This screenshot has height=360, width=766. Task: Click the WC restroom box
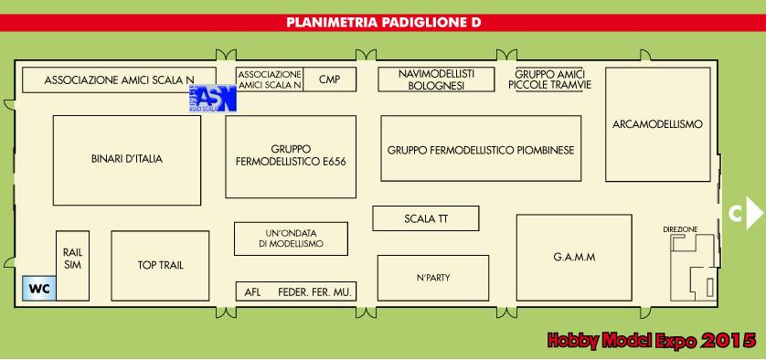click(x=38, y=289)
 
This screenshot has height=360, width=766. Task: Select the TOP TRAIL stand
click(x=161, y=265)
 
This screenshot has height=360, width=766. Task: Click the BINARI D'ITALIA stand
click(x=126, y=159)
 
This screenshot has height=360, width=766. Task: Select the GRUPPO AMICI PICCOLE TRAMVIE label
click(x=549, y=79)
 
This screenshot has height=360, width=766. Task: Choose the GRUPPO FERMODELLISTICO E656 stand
click(x=291, y=156)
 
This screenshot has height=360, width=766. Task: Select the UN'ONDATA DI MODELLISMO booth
click(x=291, y=238)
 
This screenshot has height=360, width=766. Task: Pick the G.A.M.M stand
click(x=574, y=257)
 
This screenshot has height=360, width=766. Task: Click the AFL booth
click(x=253, y=292)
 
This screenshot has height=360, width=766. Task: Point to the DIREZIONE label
click(x=680, y=228)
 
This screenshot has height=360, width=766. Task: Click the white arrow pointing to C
click(x=754, y=213)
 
